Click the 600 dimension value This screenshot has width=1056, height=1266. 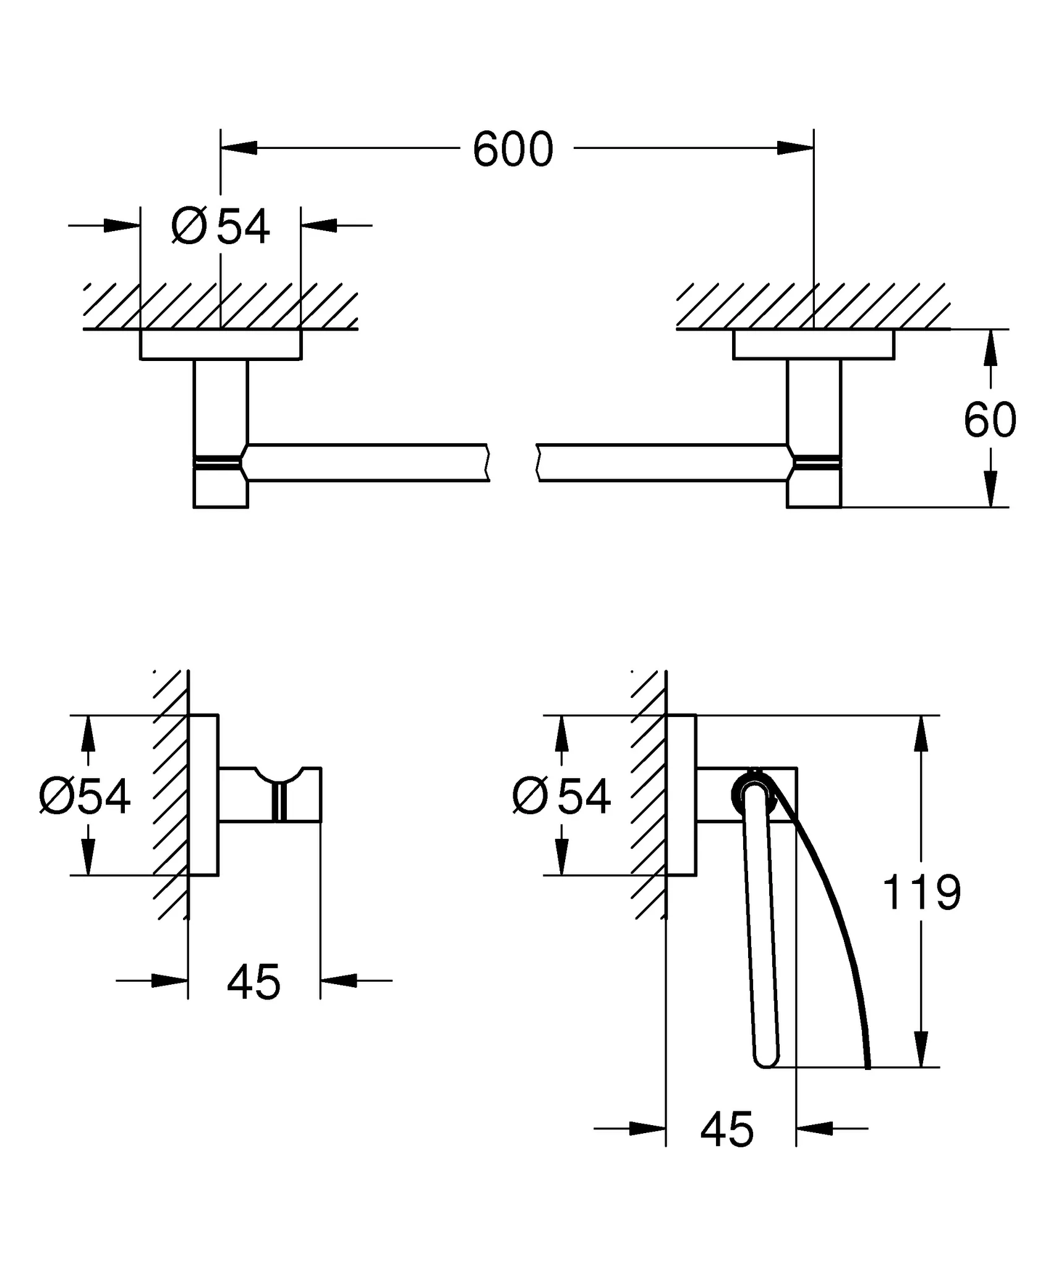513,150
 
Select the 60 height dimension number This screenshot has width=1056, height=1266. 989,420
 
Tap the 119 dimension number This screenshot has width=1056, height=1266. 921,893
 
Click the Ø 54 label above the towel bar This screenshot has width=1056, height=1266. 221,227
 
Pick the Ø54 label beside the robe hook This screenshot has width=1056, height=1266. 85,797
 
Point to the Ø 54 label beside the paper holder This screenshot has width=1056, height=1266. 561,797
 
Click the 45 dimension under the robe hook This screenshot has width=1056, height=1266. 253,982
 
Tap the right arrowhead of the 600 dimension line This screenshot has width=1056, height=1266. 795,148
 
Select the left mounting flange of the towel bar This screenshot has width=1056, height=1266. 221,344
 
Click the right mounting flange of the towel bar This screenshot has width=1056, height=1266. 814,344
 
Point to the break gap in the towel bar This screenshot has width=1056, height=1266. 513,462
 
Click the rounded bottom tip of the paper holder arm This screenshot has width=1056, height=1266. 767,1061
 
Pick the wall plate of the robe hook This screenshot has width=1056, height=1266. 203,796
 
